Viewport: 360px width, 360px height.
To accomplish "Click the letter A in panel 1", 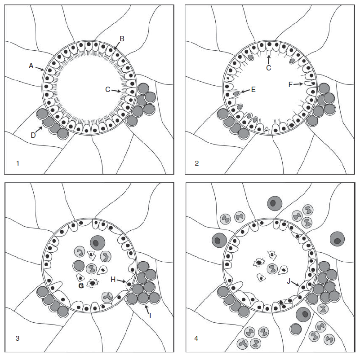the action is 31,66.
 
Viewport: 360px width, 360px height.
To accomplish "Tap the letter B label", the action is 122,39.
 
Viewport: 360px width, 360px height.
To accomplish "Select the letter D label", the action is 33,136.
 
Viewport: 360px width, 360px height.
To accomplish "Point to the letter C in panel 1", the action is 107,89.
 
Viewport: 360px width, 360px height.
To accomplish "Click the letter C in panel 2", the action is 268,68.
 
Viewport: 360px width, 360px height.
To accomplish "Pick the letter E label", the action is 253,89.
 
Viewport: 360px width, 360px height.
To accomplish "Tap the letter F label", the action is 291,84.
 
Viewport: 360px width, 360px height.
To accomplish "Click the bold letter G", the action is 81,285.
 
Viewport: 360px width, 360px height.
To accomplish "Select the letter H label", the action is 113,279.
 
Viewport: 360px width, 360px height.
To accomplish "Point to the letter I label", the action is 150,316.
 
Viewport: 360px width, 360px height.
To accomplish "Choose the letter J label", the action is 289,281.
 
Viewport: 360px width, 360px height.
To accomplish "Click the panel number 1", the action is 18,163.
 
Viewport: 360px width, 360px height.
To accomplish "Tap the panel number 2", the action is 196,163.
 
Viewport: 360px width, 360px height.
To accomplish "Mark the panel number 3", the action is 18,338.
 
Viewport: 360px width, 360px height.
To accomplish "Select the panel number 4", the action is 196,338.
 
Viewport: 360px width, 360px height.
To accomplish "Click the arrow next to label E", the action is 245,91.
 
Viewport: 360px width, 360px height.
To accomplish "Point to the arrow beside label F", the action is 298,84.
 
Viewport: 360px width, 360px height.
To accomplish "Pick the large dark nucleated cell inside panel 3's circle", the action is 98,243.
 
